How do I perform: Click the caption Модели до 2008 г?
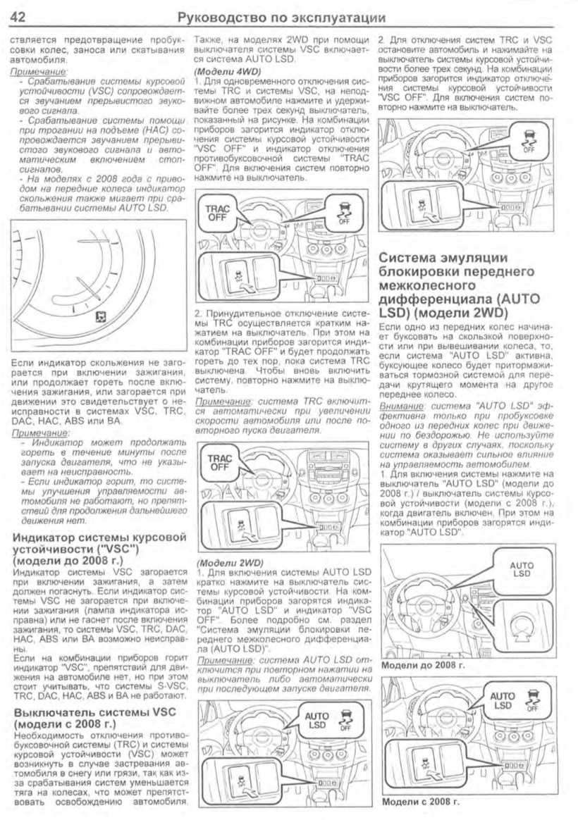(x=420, y=664)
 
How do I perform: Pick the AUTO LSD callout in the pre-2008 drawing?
(x=522, y=569)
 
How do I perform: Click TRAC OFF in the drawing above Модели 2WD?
(x=219, y=463)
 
